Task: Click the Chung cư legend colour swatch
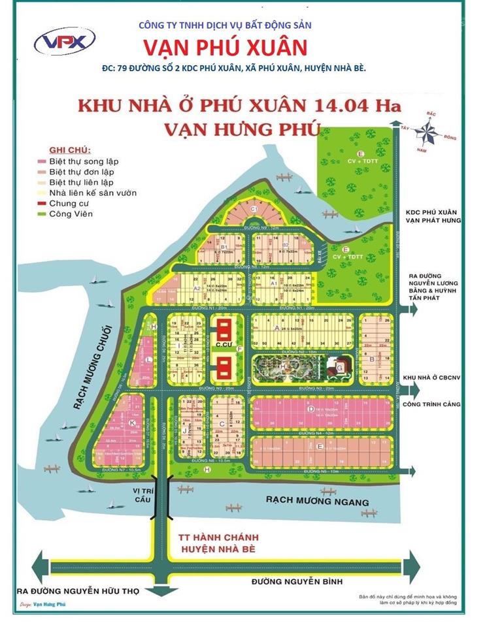[x=41, y=204]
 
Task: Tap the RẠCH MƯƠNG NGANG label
[x=316, y=501]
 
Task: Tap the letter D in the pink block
[x=312, y=410]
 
